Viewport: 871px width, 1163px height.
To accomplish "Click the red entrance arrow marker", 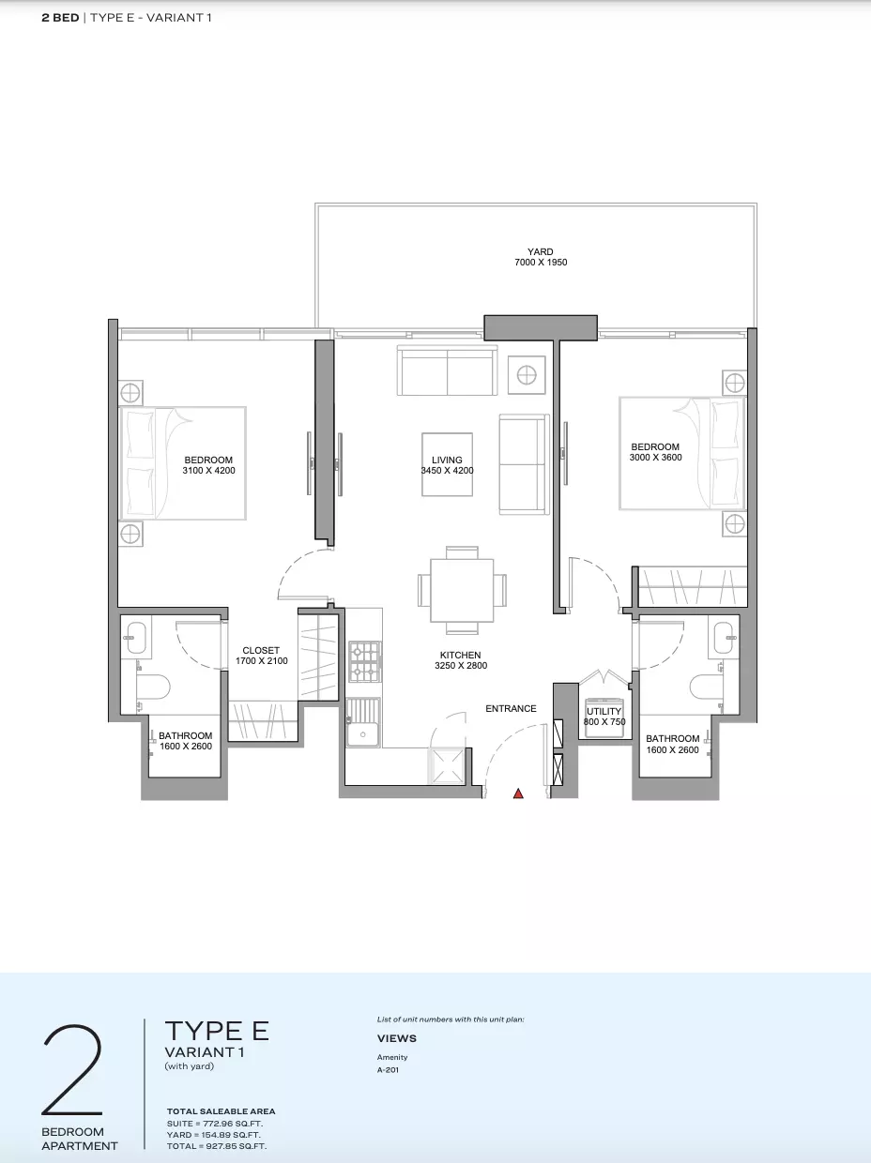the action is (x=518, y=793).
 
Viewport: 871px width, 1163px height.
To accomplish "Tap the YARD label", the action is (x=541, y=251).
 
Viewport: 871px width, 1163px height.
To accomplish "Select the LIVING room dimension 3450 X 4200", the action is (x=447, y=471).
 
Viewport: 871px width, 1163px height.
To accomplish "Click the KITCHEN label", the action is (x=460, y=655).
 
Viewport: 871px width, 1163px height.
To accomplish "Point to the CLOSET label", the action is (x=261, y=650).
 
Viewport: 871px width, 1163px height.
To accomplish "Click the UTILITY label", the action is (x=604, y=711).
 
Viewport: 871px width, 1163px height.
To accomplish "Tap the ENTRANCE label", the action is (x=511, y=708).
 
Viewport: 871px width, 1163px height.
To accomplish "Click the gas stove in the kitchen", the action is (x=365, y=662).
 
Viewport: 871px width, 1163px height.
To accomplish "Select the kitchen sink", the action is (x=363, y=723).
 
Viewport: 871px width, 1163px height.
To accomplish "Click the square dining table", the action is (x=462, y=590).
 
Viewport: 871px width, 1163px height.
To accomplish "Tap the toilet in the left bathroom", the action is (x=154, y=687).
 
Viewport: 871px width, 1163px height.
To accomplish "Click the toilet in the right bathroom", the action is (x=707, y=687).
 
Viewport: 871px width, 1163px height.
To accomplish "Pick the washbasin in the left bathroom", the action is (x=136, y=638).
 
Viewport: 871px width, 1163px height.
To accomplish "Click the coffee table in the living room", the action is (x=447, y=464).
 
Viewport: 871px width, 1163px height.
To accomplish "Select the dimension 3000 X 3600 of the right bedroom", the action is (x=655, y=458).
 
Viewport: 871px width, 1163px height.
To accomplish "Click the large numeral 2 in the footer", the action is (x=72, y=1070).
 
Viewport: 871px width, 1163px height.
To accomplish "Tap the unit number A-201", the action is (x=388, y=1070).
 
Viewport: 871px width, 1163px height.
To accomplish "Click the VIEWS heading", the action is (x=396, y=1038).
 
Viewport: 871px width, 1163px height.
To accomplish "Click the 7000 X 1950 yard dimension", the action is (x=541, y=263).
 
